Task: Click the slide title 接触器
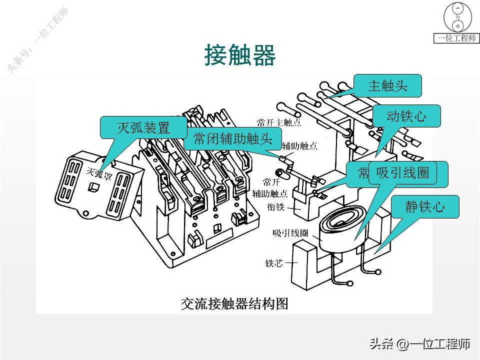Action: tap(240, 55)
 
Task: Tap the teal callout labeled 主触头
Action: tap(387, 85)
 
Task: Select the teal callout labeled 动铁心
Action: tap(406, 116)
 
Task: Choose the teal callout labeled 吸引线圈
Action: tap(402, 173)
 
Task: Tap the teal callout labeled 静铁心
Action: tap(424, 207)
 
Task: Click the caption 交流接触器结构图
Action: tap(234, 303)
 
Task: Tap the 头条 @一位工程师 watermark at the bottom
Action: tap(420, 344)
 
